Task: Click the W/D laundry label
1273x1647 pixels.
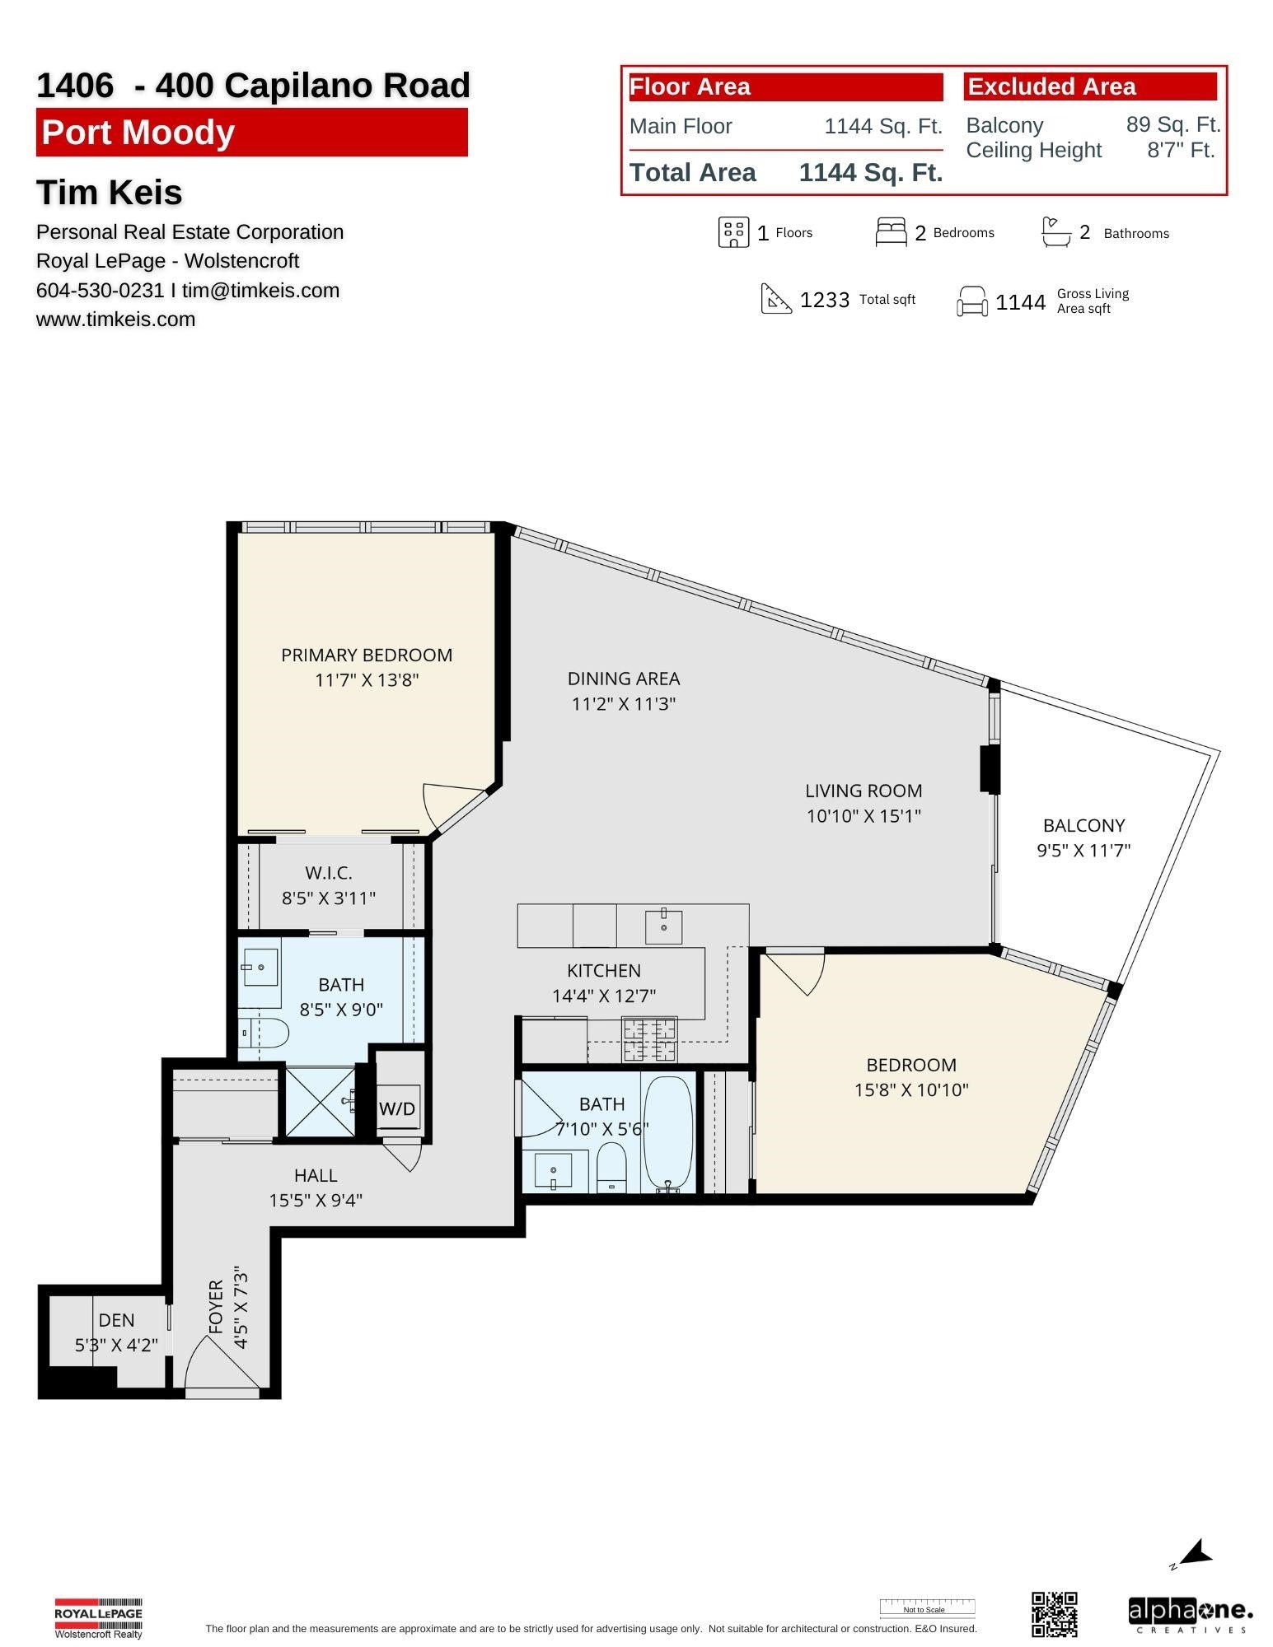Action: tap(397, 1108)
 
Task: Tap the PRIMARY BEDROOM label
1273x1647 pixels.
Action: tap(367, 655)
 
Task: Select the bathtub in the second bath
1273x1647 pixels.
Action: tap(667, 1131)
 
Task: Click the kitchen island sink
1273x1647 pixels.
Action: tap(664, 926)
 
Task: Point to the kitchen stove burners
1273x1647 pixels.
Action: tap(649, 1039)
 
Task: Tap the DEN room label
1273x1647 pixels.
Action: tap(116, 1320)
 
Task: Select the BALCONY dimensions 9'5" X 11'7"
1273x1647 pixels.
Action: tap(1083, 850)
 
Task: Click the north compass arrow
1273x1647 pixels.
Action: tap(1196, 1554)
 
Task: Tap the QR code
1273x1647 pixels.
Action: tap(1054, 1613)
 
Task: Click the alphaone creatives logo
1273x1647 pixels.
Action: tap(1190, 1614)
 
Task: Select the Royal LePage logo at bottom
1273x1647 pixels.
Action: tap(98, 1617)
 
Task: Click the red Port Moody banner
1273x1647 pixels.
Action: tap(251, 133)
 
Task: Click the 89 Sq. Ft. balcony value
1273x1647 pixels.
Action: tap(1172, 124)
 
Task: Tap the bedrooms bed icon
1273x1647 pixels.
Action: tap(891, 232)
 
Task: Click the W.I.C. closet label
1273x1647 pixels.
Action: tap(328, 872)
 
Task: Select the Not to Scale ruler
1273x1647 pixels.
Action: tap(926, 1607)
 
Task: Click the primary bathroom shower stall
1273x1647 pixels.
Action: tap(320, 1101)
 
